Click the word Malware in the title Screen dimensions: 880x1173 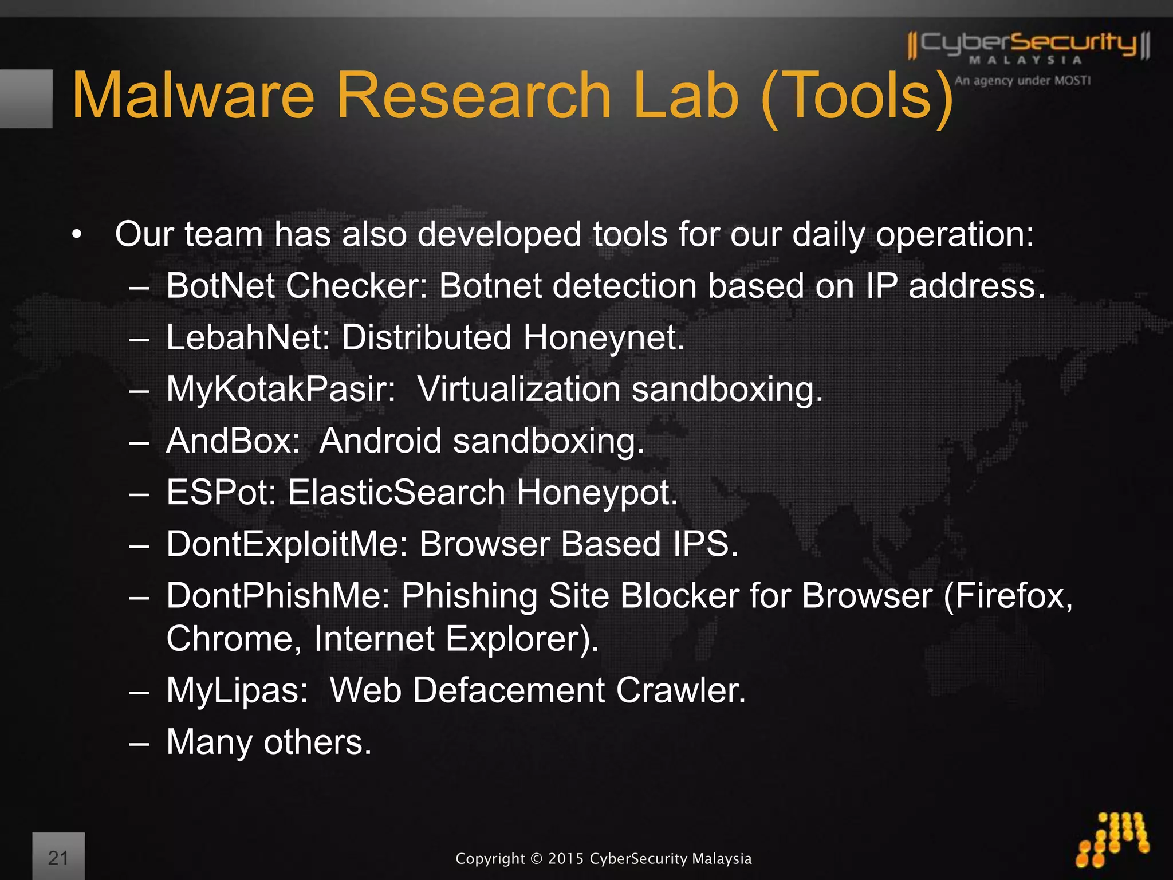(x=194, y=96)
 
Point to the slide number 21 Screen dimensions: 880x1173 (x=58, y=858)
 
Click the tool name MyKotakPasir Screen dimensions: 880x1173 (x=281, y=389)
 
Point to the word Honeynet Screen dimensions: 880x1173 (x=604, y=337)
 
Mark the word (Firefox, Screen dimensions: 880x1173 (x=1008, y=596)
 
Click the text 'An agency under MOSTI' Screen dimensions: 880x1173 (x=1022, y=81)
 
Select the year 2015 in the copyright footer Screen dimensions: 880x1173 (x=566, y=859)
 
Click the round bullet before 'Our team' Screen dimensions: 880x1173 (x=77, y=235)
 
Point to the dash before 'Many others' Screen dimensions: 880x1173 (x=139, y=743)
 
